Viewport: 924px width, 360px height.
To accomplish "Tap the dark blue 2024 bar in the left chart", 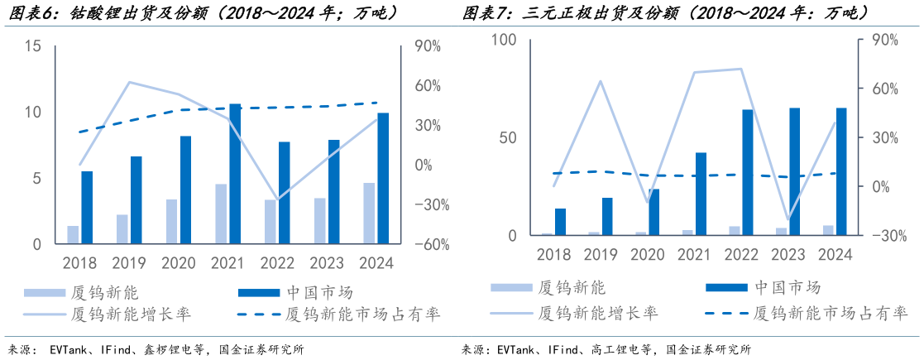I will click(x=382, y=178).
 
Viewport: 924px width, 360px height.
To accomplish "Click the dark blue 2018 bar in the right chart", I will click(x=560, y=222).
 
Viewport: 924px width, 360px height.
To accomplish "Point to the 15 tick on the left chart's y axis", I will click(x=33, y=46).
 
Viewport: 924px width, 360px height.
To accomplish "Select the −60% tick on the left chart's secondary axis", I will click(x=421, y=244).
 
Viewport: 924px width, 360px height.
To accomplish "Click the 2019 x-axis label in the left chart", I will click(x=128, y=263).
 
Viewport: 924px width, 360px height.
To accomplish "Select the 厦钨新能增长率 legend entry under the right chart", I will click(x=597, y=313).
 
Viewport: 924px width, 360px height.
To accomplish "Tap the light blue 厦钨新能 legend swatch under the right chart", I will click(x=510, y=287).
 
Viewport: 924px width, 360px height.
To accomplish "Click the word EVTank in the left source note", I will click(x=71, y=349).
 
